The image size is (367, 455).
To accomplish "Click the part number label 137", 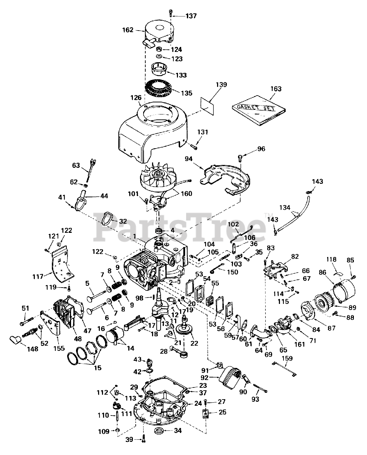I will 190,16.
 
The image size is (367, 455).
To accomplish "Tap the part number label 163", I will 276,89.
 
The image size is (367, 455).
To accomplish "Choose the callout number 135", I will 186,93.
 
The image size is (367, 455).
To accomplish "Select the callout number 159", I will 287,359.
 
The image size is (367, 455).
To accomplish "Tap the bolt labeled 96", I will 241,157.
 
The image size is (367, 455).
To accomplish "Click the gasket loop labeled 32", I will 106,218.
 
